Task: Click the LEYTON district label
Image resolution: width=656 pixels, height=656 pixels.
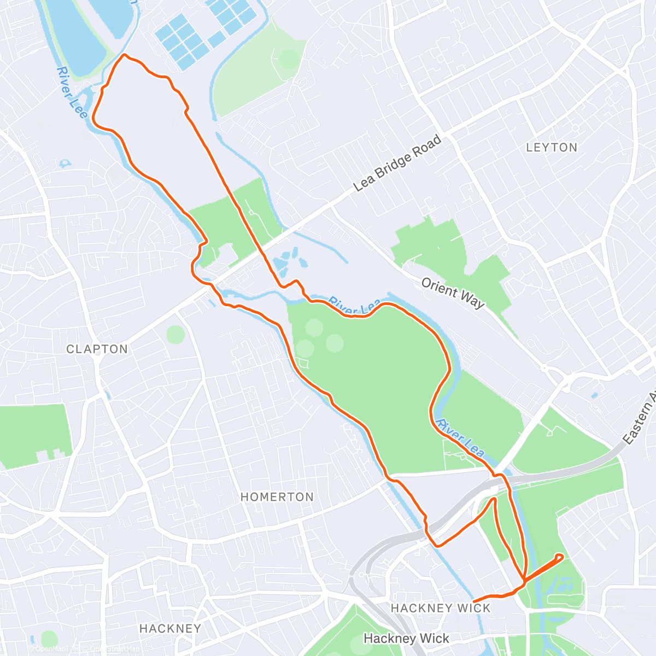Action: pyautogui.click(x=552, y=148)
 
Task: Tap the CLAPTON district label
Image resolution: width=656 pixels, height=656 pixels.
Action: pyautogui.click(x=97, y=349)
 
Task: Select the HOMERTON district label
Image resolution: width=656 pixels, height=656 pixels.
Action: pyautogui.click(x=277, y=497)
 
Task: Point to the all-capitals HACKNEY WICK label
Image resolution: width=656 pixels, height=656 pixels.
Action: pyautogui.click(x=441, y=608)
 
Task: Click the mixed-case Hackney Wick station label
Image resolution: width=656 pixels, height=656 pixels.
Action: pyautogui.click(x=406, y=638)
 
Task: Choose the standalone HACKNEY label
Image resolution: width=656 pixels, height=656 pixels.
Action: pyautogui.click(x=170, y=629)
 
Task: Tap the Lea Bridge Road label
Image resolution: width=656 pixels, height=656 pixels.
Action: pyautogui.click(x=397, y=163)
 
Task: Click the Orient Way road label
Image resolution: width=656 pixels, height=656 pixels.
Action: pyautogui.click(x=453, y=292)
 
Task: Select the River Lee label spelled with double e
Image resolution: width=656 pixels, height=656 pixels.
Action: pyautogui.click(x=72, y=92)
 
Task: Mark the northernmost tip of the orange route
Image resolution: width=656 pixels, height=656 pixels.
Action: pyautogui.click(x=125, y=55)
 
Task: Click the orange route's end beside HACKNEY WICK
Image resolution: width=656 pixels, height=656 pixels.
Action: pyautogui.click(x=473, y=602)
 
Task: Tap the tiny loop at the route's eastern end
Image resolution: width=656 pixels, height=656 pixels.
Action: pyautogui.click(x=559, y=557)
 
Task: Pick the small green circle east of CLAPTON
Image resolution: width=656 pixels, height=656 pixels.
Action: pyautogui.click(x=175, y=334)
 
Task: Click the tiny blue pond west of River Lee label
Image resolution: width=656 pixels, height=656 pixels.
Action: pyautogui.click(x=66, y=163)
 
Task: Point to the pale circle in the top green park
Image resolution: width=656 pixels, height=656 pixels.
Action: pyautogui.click(x=289, y=59)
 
